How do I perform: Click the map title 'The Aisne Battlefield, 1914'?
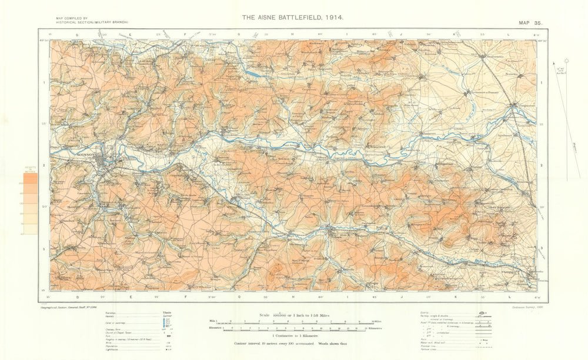(292, 18)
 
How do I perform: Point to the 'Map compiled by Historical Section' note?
(91, 21)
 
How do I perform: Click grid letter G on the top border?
(239, 35)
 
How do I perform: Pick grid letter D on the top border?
(76, 35)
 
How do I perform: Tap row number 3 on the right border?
(541, 249)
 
